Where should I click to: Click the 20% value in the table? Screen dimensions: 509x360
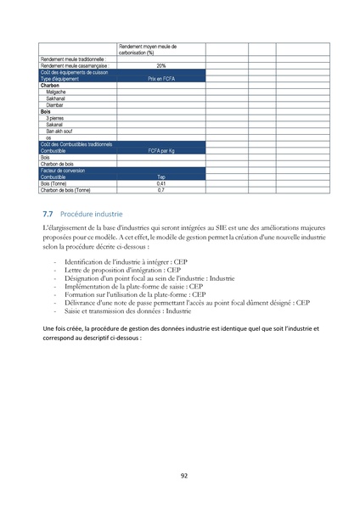click(x=160, y=65)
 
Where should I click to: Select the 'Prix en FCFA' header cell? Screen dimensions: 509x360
click(x=160, y=78)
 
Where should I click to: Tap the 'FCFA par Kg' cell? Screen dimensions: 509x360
click(x=160, y=150)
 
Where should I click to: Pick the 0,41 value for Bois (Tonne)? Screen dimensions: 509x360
click(x=160, y=183)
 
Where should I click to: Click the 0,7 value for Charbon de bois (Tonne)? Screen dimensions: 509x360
click(x=160, y=190)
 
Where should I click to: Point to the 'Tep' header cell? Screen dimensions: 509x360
click(x=160, y=176)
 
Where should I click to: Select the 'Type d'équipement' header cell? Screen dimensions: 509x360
click(x=63, y=78)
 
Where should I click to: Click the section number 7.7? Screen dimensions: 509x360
click(x=48, y=215)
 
